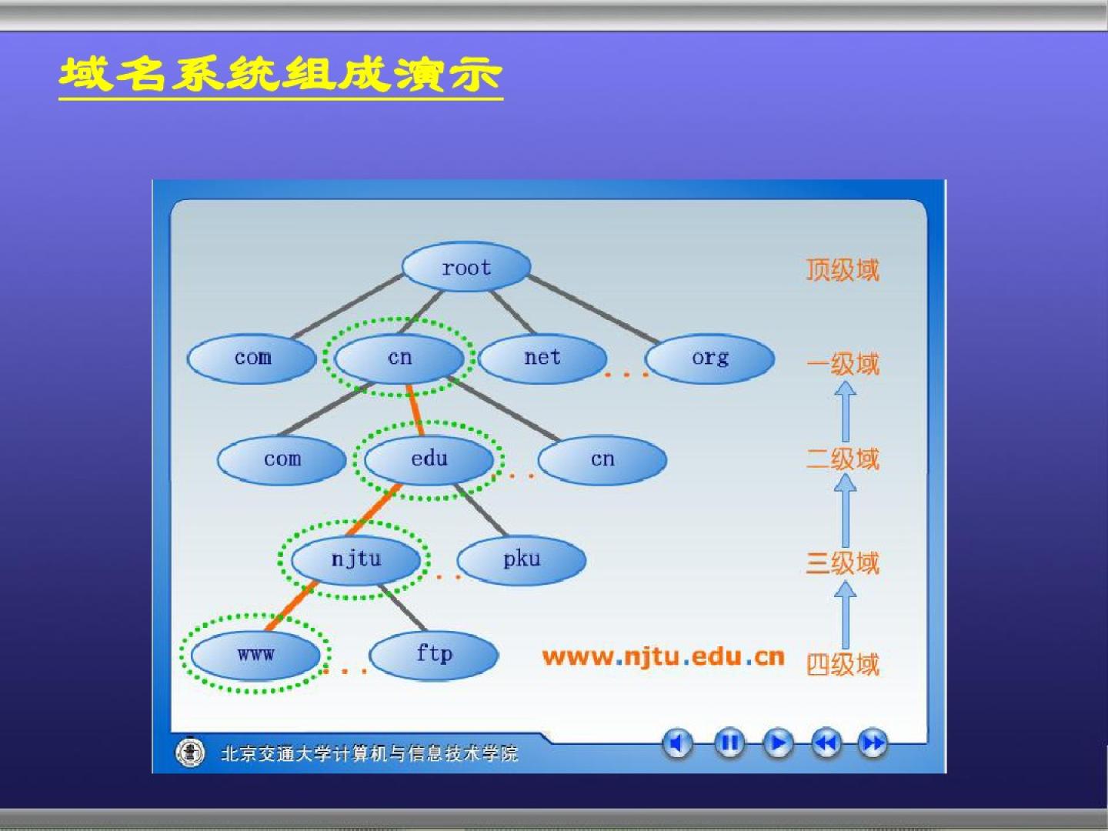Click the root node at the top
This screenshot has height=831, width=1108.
pyautogui.click(x=466, y=267)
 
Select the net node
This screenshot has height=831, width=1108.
pyautogui.click(x=542, y=359)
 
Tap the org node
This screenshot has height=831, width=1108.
pyautogui.click(x=709, y=359)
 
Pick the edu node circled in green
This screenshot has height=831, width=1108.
pyautogui.click(x=429, y=459)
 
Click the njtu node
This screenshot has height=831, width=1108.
pyautogui.click(x=356, y=559)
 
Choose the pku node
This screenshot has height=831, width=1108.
pyautogui.click(x=522, y=559)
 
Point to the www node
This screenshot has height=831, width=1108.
pyautogui.click(x=256, y=655)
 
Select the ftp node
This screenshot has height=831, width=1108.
pyautogui.click(x=434, y=655)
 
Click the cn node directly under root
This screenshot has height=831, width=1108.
pyautogui.click(x=399, y=359)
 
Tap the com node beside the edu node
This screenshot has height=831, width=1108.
pyautogui.click(x=282, y=459)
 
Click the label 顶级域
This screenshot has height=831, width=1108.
pyautogui.click(x=843, y=270)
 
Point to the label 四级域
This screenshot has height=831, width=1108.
pyautogui.click(x=843, y=664)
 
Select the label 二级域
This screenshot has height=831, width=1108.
pyautogui.click(x=843, y=459)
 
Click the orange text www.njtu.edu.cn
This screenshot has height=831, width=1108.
pyautogui.click(x=663, y=657)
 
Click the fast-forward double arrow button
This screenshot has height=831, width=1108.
pyautogui.click(x=873, y=743)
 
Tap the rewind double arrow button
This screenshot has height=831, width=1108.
pyautogui.click(x=826, y=743)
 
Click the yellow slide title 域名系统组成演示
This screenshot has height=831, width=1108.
pyautogui.click(x=281, y=75)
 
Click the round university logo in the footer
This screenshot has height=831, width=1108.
pyautogui.click(x=190, y=753)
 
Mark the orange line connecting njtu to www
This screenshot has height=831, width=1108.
pyautogui.click(x=292, y=606)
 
